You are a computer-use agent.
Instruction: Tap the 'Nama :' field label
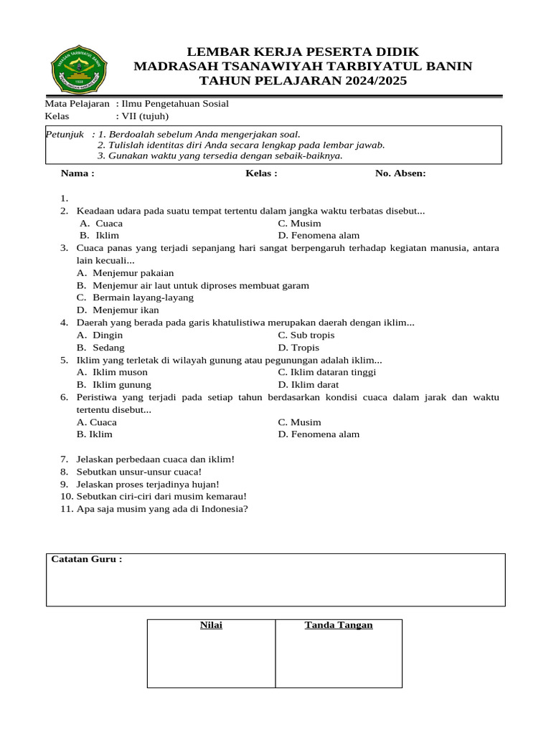pos(77,173)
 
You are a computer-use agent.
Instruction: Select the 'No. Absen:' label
pos(400,173)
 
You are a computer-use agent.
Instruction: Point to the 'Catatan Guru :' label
pos(87,559)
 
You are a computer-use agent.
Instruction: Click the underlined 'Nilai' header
pos(211,625)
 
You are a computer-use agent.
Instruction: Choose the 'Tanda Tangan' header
pos(339,625)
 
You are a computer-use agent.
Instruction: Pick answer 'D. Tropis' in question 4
pos(298,348)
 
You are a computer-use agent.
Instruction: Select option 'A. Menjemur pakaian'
pos(126,273)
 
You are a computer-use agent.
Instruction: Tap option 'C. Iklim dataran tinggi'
pos(326,372)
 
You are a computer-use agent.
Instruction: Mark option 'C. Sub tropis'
pos(306,335)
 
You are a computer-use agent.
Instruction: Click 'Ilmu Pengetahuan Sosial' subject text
pos(175,103)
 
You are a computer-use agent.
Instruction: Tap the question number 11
pos(67,509)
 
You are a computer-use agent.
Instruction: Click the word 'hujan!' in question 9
pos(205,484)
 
